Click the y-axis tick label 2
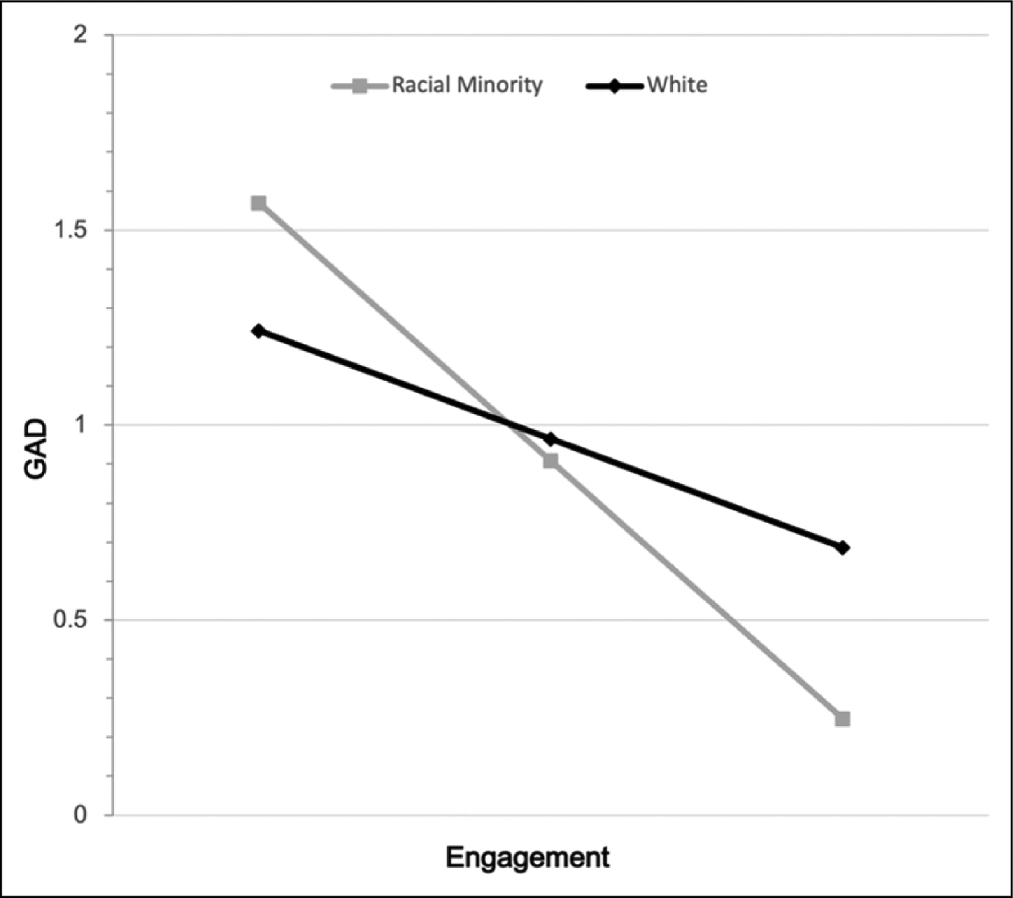(81, 35)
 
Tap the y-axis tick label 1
(81, 425)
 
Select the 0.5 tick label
(71, 620)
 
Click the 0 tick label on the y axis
(81, 815)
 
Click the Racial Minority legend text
(467, 86)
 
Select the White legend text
(677, 86)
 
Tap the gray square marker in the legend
(359, 86)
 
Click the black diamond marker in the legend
(613, 86)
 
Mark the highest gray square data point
(258, 203)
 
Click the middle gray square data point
(550, 461)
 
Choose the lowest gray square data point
(842, 719)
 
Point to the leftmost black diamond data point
(258, 331)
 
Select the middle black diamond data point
(550, 439)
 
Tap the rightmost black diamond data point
(842, 547)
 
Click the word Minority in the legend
(500, 86)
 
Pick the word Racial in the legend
(421, 86)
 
